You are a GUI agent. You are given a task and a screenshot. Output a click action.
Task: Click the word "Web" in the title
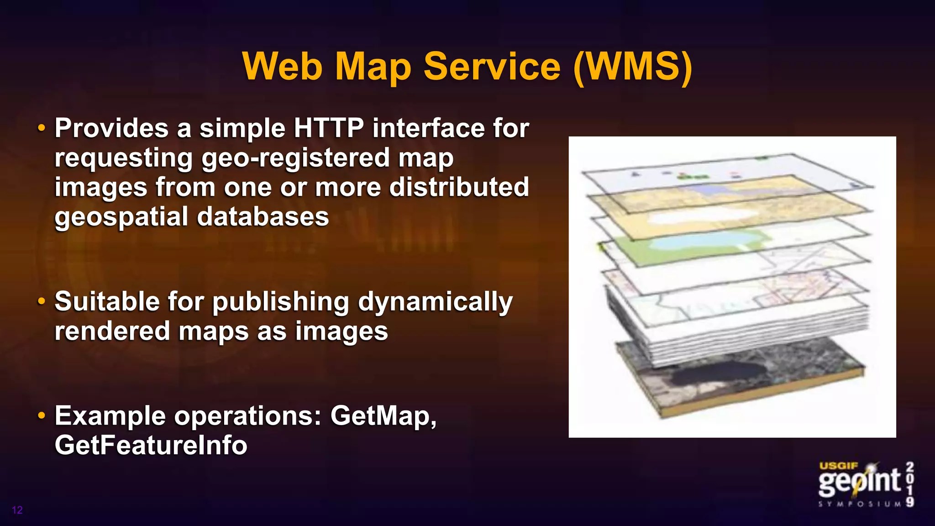click(x=282, y=67)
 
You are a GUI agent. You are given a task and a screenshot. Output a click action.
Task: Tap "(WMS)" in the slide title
click(x=633, y=67)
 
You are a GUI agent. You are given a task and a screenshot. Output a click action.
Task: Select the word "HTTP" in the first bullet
click(x=328, y=128)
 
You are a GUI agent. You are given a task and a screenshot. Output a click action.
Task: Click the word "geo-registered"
click(x=295, y=158)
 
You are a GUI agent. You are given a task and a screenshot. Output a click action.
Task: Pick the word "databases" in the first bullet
click(x=263, y=216)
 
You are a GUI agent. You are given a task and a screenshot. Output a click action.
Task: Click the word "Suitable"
click(x=106, y=301)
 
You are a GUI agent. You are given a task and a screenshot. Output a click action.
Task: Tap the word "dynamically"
click(x=435, y=302)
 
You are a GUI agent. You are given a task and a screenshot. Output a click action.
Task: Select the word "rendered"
click(x=112, y=331)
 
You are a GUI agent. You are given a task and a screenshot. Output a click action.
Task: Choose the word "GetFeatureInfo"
click(x=151, y=445)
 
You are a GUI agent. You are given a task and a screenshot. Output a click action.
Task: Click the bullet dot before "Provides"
click(x=42, y=128)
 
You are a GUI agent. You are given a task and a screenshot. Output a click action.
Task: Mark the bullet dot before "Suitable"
click(x=42, y=302)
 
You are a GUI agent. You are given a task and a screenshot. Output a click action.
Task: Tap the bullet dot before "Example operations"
click(x=42, y=416)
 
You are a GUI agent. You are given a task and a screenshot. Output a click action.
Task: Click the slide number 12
click(x=17, y=510)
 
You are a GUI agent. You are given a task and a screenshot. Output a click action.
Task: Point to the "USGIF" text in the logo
click(x=839, y=466)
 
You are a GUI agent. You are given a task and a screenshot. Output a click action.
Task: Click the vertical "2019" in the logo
click(x=909, y=484)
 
